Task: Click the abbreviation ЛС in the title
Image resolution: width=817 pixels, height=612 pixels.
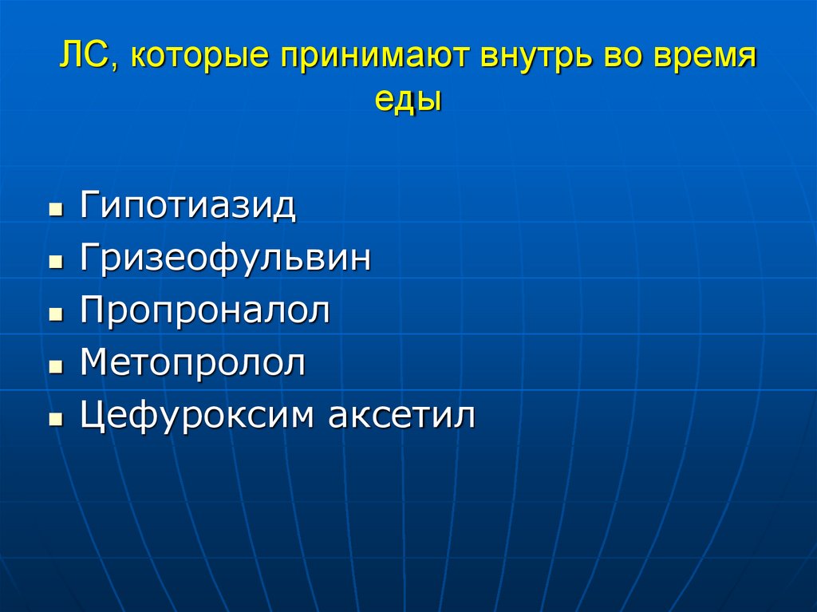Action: coord(83,58)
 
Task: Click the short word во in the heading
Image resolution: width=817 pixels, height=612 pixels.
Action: coord(624,59)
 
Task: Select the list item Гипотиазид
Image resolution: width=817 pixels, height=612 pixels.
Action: coord(187,207)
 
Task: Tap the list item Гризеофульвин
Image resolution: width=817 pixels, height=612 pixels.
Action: coord(225,259)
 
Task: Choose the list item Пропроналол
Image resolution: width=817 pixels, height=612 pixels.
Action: coord(205,311)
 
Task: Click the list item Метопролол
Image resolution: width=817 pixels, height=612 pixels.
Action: coord(193,363)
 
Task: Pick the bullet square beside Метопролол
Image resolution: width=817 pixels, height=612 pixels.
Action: coord(55,369)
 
